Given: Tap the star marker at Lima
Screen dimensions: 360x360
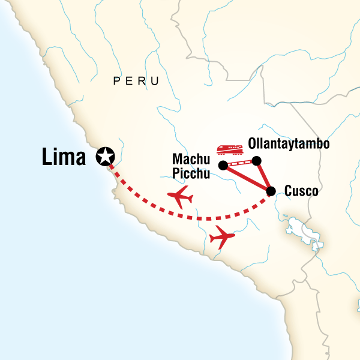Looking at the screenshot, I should coord(106,157).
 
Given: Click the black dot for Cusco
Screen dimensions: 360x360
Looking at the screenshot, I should coord(271,191).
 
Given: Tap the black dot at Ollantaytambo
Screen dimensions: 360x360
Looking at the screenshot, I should coord(256,160).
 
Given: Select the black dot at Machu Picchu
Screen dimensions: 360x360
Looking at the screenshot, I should coord(223,165).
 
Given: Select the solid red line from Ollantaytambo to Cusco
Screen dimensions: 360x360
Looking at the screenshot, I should coord(263,176).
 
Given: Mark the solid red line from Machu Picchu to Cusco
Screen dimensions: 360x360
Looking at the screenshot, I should coord(247,178).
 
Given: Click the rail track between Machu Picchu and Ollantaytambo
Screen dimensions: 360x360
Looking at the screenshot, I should coord(239,163).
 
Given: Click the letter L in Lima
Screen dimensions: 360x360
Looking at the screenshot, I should coord(48,157).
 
